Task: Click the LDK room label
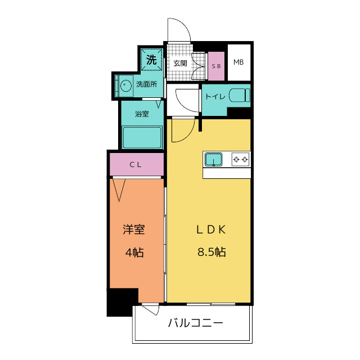click(211, 229)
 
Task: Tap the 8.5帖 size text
click(211, 252)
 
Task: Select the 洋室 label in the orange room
click(134, 229)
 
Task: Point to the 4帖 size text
click(134, 253)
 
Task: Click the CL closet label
click(136, 165)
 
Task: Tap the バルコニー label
click(195, 323)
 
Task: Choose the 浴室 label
click(142, 114)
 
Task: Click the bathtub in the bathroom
click(142, 137)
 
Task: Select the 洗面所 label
click(146, 84)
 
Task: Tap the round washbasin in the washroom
click(125, 85)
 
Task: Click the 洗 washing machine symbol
click(151, 60)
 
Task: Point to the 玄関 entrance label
click(180, 63)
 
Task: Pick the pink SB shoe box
click(216, 66)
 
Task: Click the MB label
click(238, 62)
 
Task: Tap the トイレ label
click(215, 96)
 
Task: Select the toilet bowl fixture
click(239, 95)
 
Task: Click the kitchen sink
click(214, 159)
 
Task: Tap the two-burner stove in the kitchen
click(240, 159)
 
